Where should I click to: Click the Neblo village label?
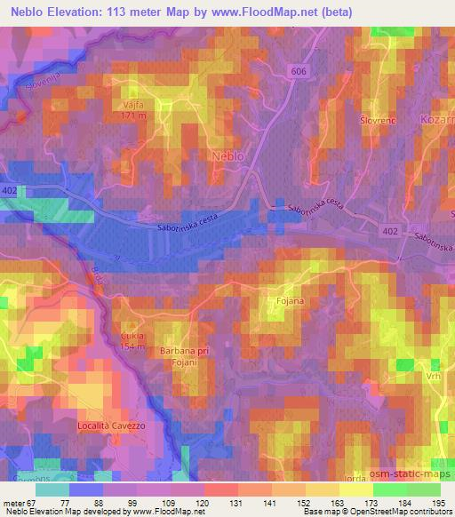pyautogui.click(x=229, y=155)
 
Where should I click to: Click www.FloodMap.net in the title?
pyautogui.click(x=275, y=12)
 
